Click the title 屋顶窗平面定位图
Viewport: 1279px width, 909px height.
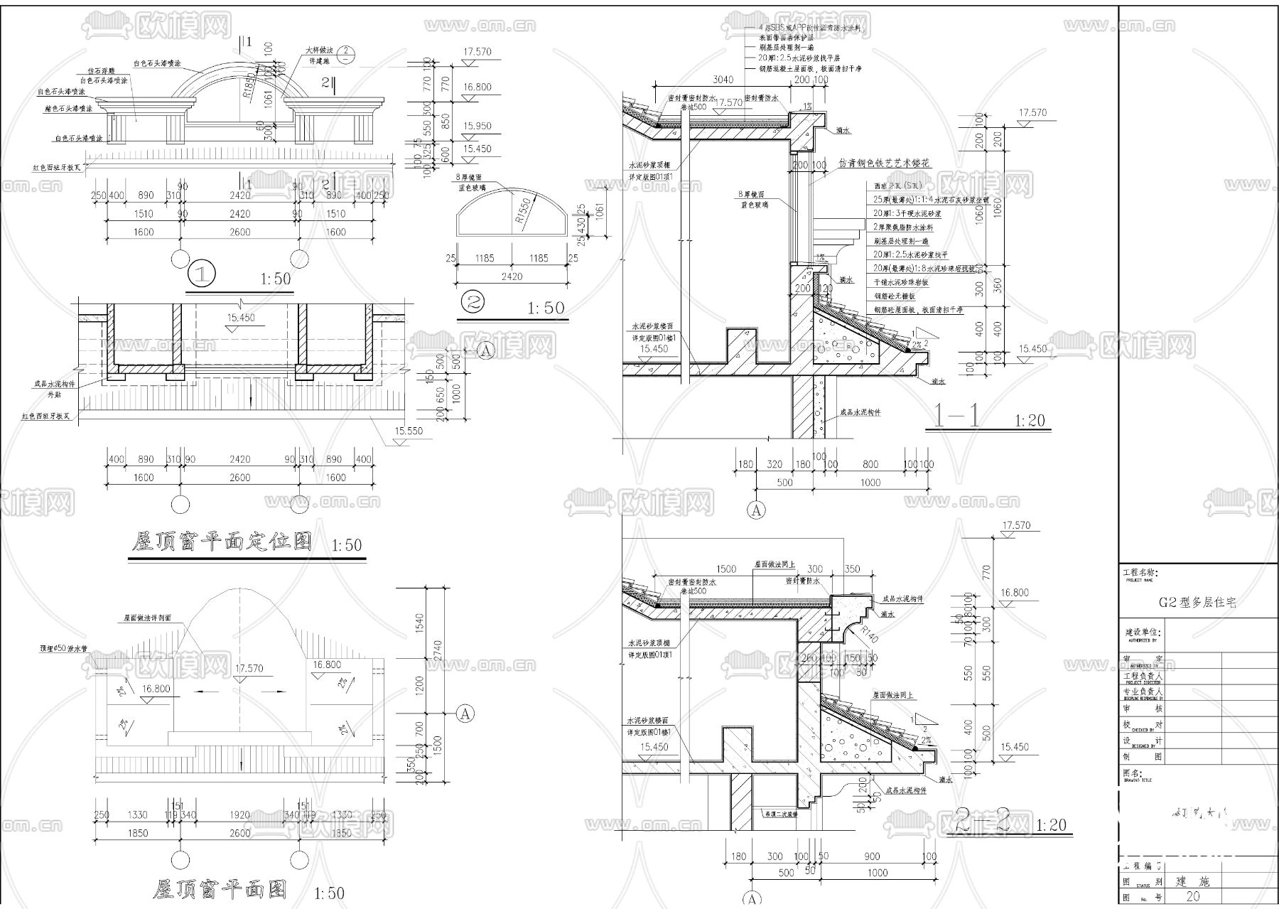click(x=222, y=543)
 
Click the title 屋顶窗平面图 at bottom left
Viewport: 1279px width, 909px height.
click(x=220, y=889)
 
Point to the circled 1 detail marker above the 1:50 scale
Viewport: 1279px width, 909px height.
click(x=202, y=274)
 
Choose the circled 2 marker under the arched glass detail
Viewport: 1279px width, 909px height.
click(x=473, y=303)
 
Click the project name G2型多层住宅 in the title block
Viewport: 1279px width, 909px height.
click(x=1197, y=603)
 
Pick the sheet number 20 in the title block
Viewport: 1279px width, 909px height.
click(x=1193, y=896)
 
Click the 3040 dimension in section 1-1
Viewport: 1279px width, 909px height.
click(x=723, y=80)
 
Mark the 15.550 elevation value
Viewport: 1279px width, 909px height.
click(x=409, y=431)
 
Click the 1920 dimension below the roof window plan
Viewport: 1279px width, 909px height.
click(x=239, y=815)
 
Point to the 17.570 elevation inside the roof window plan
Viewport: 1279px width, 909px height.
click(x=249, y=669)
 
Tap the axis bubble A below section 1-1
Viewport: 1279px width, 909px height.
click(x=757, y=510)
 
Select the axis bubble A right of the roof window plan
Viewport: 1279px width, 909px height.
click(x=465, y=714)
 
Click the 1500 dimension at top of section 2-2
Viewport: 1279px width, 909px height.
click(x=725, y=569)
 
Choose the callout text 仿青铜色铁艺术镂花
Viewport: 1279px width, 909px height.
click(x=884, y=163)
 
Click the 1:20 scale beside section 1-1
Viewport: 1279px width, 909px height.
click(x=1030, y=421)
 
